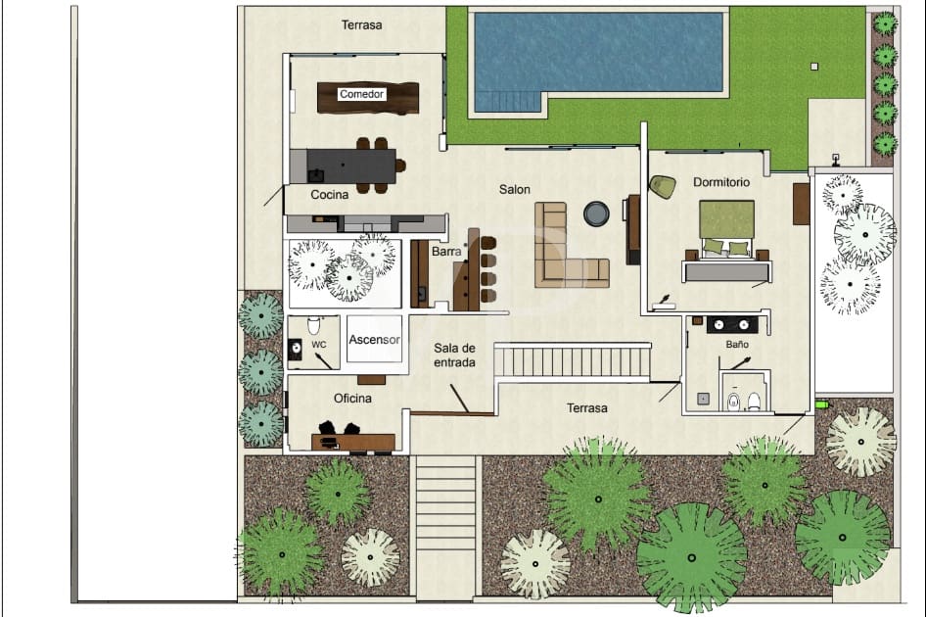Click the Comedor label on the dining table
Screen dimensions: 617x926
pos(362,94)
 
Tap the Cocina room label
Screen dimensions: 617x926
pos(330,195)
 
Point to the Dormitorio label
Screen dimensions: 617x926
pos(721,182)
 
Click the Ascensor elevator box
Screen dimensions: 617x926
pos(374,341)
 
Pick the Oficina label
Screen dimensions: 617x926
pos(352,398)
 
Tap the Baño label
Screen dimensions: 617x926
pos(737,345)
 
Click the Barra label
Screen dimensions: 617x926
pos(446,252)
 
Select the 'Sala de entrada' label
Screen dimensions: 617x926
pos(455,355)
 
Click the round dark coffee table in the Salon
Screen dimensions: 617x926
pos(595,213)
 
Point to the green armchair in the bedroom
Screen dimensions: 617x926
pos(663,186)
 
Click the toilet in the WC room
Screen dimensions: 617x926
pos(314,325)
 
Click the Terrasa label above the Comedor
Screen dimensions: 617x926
pos(362,25)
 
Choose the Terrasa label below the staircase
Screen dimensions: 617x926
pos(587,408)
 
